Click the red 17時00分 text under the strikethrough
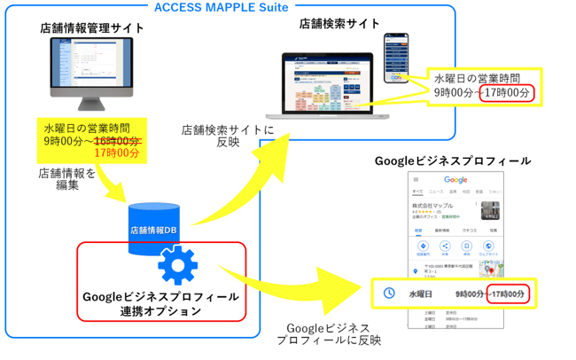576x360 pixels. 116,153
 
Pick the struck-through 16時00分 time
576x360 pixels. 117,141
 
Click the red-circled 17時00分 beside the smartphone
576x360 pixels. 508,91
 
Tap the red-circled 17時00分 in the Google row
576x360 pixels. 510,293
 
